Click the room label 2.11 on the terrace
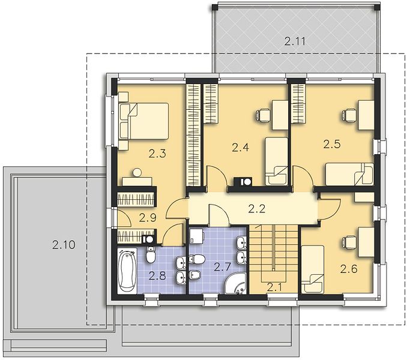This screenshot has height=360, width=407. (295, 41)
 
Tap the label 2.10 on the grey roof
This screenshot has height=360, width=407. (64, 245)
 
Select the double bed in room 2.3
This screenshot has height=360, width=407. (143, 121)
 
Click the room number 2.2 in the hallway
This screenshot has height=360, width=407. (257, 209)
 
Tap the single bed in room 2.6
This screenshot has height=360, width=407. (313, 269)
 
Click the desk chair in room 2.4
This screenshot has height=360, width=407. (263, 115)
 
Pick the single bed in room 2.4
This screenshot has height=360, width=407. (277, 161)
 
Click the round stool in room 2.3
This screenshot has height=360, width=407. (137, 172)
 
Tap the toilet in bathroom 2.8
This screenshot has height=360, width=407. (150, 254)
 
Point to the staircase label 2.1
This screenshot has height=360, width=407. (274, 287)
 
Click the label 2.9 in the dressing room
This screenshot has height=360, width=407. (148, 218)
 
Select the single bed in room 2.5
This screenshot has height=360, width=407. (349, 174)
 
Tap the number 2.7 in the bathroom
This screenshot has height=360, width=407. (222, 266)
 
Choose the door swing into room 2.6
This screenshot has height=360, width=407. (329, 209)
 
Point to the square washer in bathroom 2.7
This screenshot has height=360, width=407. (197, 236)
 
